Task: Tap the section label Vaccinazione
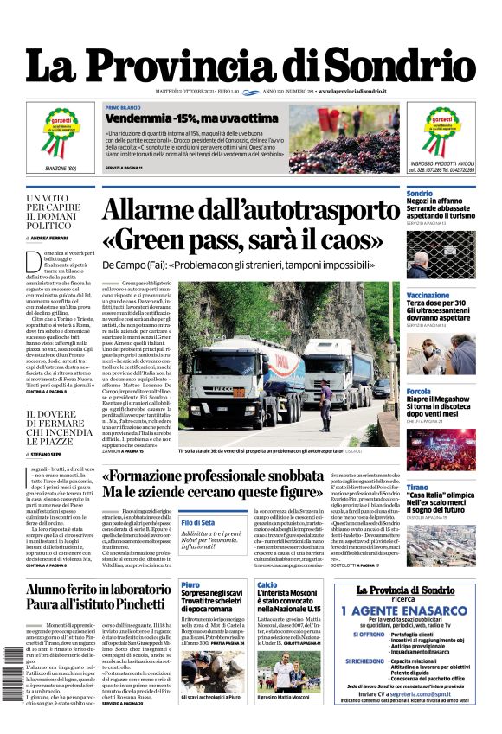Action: tap(428, 296)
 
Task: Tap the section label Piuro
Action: tap(190, 585)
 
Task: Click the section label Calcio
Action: tap(267, 585)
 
